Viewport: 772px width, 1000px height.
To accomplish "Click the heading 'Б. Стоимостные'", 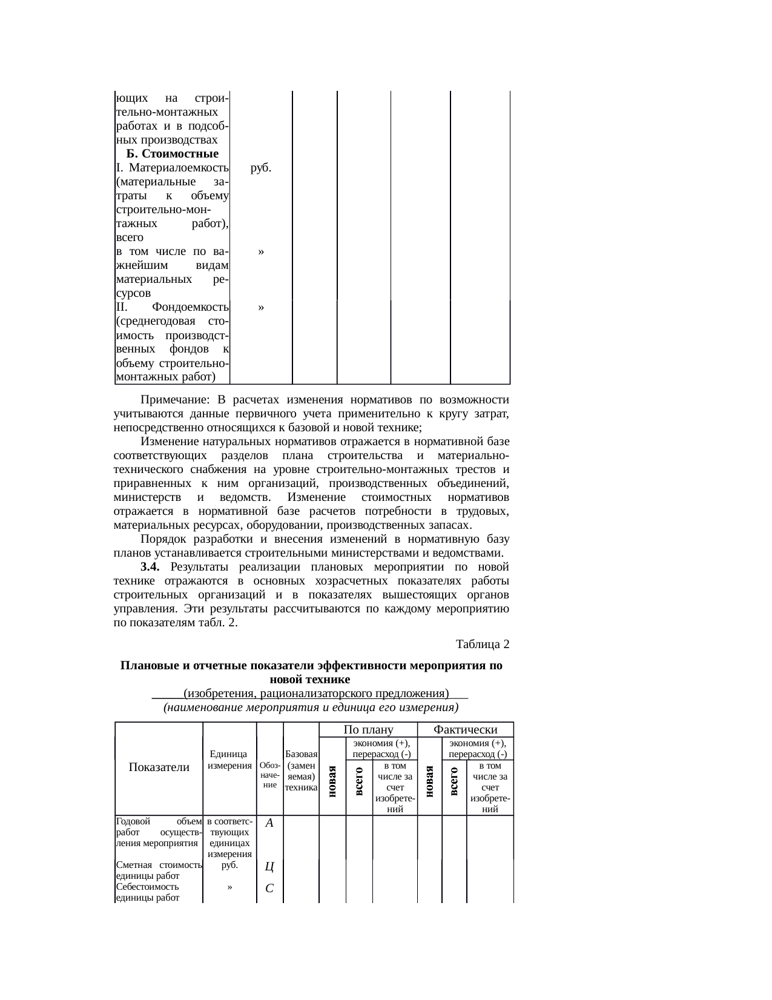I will click(173, 153).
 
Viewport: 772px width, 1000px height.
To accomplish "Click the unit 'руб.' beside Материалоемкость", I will click(260, 168).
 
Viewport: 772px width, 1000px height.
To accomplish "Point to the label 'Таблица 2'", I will click(483, 643).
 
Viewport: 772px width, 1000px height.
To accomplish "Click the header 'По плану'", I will click(368, 730).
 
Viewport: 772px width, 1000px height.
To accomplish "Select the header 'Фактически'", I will click(466, 730).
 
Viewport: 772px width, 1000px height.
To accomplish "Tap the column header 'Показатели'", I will click(159, 767).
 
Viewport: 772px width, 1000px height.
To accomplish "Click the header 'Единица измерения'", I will click(229, 760).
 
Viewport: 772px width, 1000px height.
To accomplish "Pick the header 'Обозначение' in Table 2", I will click(270, 776).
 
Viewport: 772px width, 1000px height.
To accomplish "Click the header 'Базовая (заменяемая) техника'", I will click(301, 770).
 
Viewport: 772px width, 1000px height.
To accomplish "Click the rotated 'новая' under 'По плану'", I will click(332, 781).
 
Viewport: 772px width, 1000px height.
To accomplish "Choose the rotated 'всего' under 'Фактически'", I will click(455, 781).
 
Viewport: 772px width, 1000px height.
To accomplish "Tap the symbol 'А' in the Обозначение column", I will click(270, 823).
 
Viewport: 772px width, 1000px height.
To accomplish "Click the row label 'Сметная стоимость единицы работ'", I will click(158, 870).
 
